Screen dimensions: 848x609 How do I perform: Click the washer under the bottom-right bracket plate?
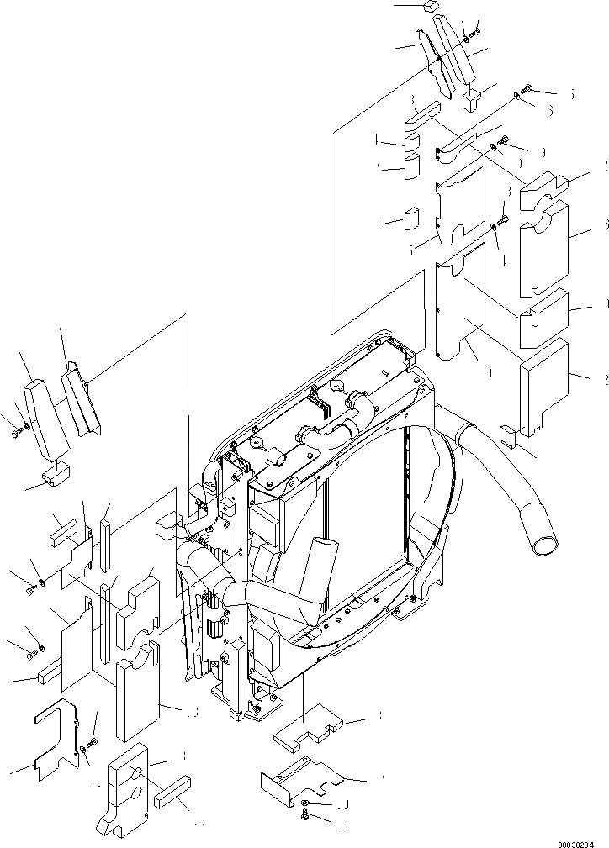pos(306,806)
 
